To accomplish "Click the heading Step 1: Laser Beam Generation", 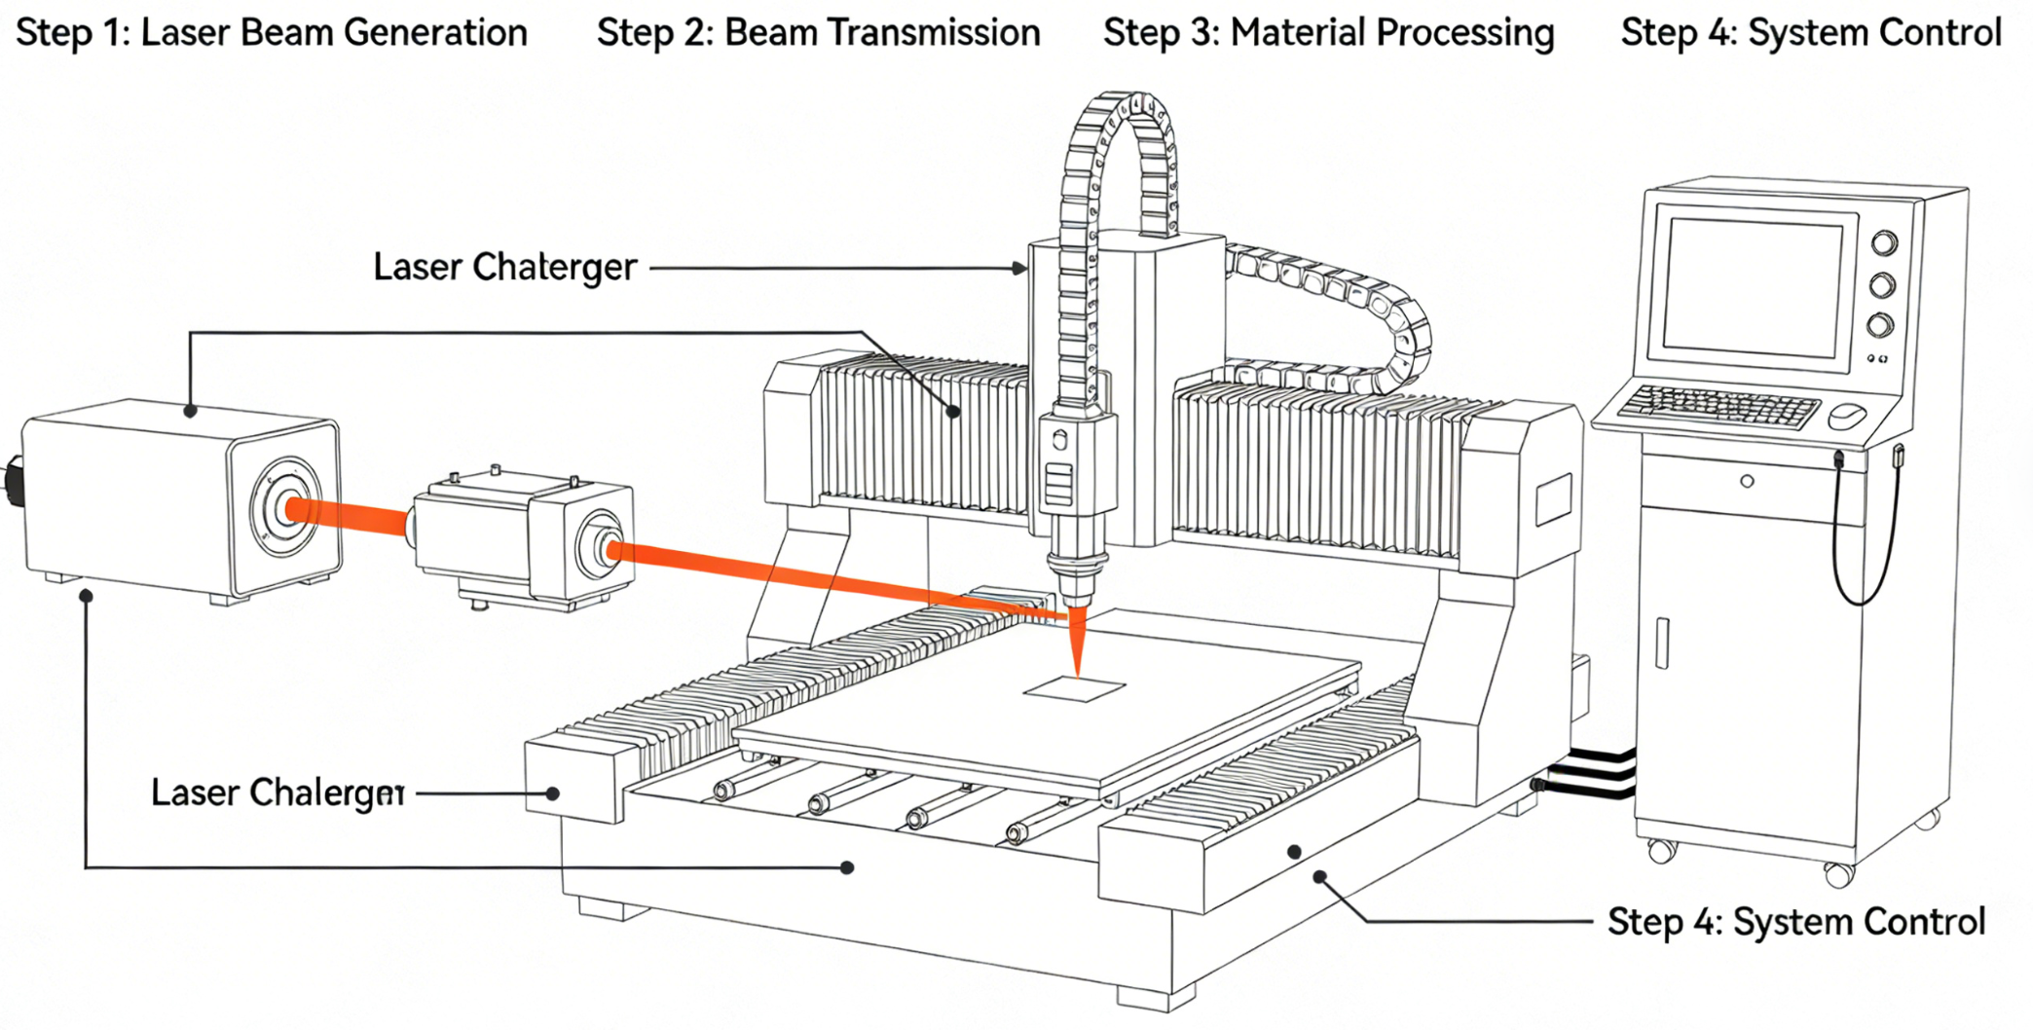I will pyautogui.click(x=272, y=33).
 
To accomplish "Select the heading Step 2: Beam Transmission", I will pyautogui.click(x=818, y=33).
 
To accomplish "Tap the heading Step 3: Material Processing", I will pyautogui.click(x=1328, y=33).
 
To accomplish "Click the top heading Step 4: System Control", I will pyautogui.click(x=1811, y=33).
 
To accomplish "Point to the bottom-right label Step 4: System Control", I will pyautogui.click(x=1795, y=921).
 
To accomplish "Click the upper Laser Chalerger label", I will pyautogui.click(x=504, y=267).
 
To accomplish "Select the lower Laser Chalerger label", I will pyautogui.click(x=277, y=792).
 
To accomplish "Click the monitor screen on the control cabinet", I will pyautogui.click(x=1753, y=286).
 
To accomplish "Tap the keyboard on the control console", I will pyautogui.click(x=1719, y=406).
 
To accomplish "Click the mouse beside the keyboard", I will pyautogui.click(x=1846, y=417).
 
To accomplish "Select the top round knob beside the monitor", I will pyautogui.click(x=1884, y=242).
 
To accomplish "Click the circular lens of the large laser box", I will pyautogui.click(x=284, y=507).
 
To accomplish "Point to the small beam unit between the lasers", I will pyautogui.click(x=524, y=538).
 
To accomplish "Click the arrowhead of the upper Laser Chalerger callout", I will pyautogui.click(x=1020, y=268).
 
